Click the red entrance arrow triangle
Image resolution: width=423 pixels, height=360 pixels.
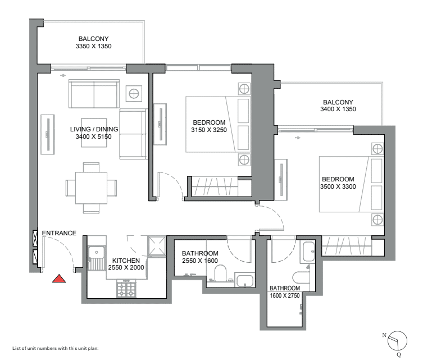59,279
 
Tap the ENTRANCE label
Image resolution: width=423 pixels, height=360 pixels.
59,233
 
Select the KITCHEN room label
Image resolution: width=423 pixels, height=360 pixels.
126,261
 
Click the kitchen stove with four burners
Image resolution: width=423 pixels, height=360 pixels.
126,289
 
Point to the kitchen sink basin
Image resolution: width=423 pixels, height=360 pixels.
96,252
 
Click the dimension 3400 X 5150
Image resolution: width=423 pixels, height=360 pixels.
94,136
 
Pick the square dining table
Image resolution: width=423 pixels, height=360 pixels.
91,188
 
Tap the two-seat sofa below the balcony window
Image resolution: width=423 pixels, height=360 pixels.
94,94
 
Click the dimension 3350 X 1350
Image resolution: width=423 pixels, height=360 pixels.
94,46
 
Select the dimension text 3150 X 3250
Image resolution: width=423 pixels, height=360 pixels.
209,130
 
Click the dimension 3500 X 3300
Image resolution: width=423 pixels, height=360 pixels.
338,186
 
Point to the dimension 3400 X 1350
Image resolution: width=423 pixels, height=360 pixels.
338,109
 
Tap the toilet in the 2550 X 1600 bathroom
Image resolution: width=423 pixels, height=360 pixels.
220,273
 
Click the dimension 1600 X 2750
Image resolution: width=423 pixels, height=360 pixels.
285,295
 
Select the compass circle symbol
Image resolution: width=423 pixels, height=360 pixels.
397,340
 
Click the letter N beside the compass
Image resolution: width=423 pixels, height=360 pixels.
384,335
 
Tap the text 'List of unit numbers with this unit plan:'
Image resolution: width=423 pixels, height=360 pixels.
56,348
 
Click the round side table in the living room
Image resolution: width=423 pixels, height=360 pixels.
134,94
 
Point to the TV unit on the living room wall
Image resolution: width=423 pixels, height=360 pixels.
48,134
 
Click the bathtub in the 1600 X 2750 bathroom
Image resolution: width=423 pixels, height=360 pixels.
308,252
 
